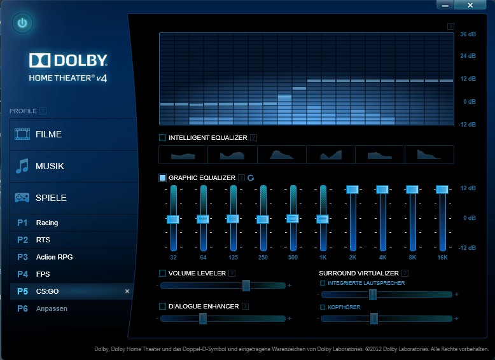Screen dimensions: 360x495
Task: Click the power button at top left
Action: (x=23, y=24)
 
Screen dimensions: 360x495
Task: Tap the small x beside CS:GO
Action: (x=127, y=291)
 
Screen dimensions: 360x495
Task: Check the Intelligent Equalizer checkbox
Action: (x=162, y=137)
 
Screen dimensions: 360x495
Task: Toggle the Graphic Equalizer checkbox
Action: (x=162, y=178)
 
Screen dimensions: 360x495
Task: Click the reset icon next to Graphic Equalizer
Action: (x=251, y=178)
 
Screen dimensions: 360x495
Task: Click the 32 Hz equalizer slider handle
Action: (x=173, y=219)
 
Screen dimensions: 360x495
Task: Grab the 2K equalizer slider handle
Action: (x=352, y=189)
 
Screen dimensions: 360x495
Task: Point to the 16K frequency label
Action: (x=442, y=258)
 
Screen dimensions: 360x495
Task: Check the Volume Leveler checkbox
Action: (x=162, y=273)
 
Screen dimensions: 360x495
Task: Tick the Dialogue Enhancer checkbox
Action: (x=162, y=306)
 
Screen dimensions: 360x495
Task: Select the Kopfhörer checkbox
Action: (x=323, y=307)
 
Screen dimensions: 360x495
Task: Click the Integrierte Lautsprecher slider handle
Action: (x=373, y=294)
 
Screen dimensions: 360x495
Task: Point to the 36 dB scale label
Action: (x=468, y=34)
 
